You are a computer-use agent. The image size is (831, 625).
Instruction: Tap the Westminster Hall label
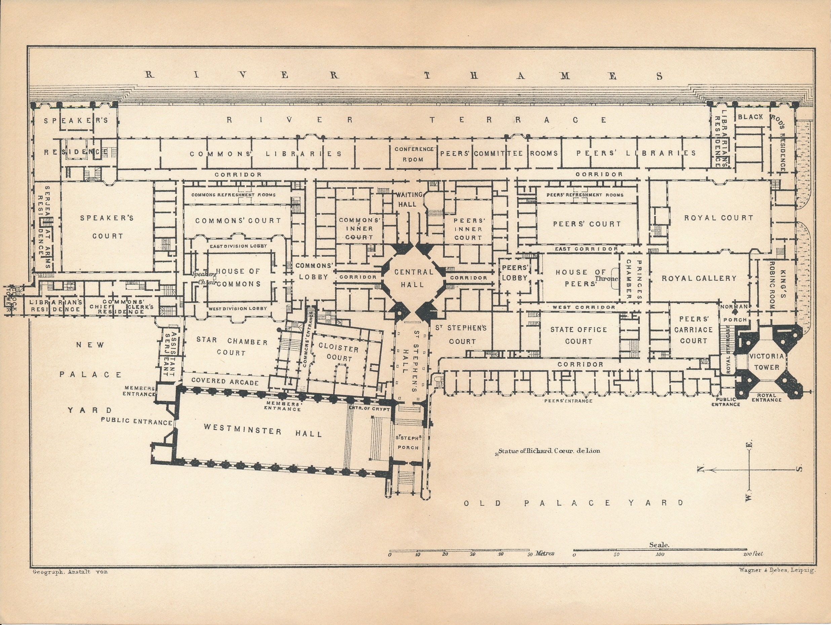[263, 430]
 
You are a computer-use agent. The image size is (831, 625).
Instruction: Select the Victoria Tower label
[767, 361]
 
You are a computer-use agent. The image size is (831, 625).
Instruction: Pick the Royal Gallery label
[699, 278]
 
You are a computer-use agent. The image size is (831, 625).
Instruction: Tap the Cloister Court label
[339, 353]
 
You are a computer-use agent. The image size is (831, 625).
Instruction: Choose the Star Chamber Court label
[232, 346]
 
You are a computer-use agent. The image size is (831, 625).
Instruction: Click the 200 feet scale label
[753, 554]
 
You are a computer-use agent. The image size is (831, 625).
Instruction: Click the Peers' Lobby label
[515, 273]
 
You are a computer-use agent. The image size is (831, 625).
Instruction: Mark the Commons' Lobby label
[314, 271]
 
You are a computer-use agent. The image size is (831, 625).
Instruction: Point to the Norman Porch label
[735, 313]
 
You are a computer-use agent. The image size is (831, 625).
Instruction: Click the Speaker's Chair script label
[204, 278]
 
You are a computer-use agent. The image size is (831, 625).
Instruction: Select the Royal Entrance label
[767, 398]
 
